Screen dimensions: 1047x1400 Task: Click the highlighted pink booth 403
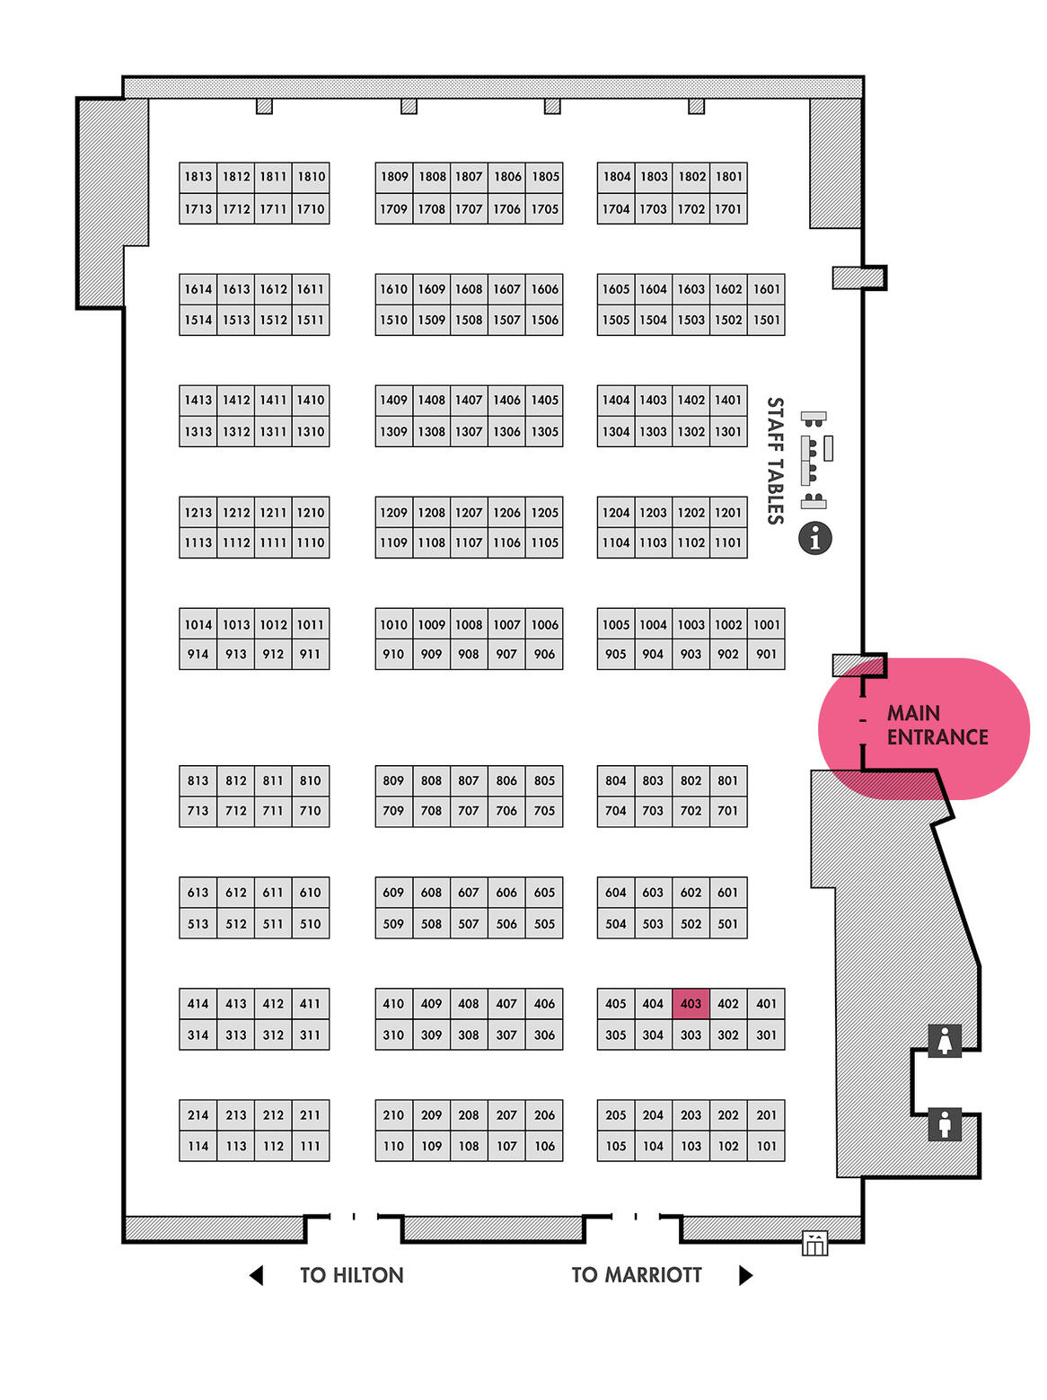[690, 1003]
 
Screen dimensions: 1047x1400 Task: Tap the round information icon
[814, 538]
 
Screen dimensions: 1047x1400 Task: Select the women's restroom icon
[944, 1040]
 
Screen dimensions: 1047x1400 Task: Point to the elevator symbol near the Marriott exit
[814, 1243]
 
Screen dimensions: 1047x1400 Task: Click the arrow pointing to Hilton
[256, 1275]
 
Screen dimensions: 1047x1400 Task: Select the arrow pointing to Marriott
[745, 1275]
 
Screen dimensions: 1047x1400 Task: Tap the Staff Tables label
[775, 461]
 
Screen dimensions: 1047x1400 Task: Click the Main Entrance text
[937, 725]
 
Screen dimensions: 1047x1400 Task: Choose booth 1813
[198, 177]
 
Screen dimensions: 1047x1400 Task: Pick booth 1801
[727, 177]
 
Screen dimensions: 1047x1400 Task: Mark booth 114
[198, 1146]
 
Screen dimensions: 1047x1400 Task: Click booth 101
[766, 1146]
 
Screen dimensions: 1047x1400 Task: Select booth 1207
[469, 512]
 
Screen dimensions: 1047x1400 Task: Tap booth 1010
[393, 624]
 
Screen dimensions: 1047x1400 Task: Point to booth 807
[469, 780]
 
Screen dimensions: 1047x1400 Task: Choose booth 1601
[766, 289]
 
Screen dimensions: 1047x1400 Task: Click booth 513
[198, 923]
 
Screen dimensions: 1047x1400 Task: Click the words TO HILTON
[351, 1275]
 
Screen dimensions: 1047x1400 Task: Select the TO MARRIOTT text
[637, 1275]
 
